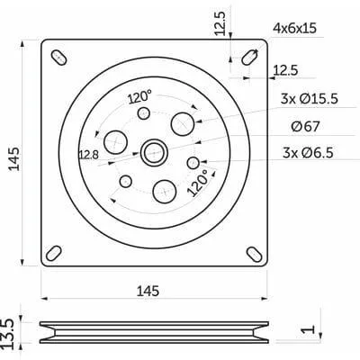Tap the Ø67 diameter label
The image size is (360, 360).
pyautogui.click(x=306, y=126)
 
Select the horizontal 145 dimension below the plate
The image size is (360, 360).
pyautogui.click(x=148, y=290)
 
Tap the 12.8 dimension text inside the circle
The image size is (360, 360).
pyautogui.click(x=88, y=155)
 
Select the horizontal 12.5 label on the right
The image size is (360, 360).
pyautogui.click(x=287, y=71)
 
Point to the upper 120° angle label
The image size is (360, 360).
pyautogui.click(x=139, y=95)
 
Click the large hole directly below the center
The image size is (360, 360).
pyautogui.click(x=164, y=190)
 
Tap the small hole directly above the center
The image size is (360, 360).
pyautogui.click(x=143, y=112)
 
